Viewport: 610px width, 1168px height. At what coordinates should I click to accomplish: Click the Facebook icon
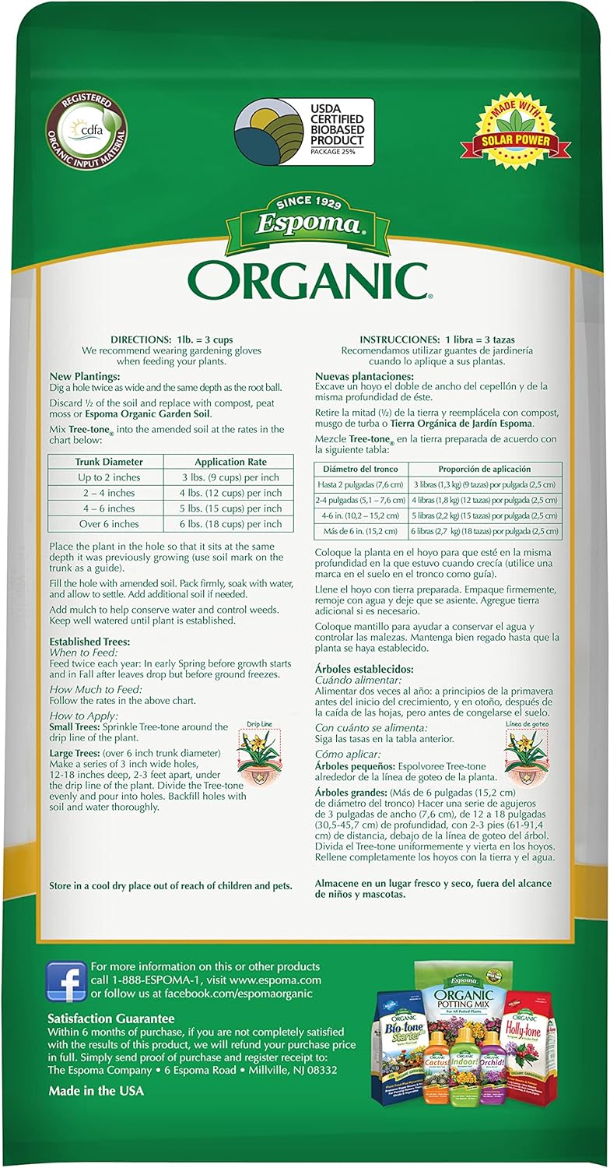(66, 982)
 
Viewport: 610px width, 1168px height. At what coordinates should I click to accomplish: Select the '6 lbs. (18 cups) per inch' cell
(227, 524)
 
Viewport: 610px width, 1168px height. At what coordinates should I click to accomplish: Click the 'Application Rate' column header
(227, 462)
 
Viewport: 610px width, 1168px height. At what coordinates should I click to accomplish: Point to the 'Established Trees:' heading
(89, 641)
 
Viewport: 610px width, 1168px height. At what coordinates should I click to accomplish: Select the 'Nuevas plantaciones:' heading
(365, 377)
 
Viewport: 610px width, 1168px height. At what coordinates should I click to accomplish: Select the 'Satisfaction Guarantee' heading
(111, 1018)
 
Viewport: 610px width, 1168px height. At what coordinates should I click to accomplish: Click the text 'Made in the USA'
(96, 1091)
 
